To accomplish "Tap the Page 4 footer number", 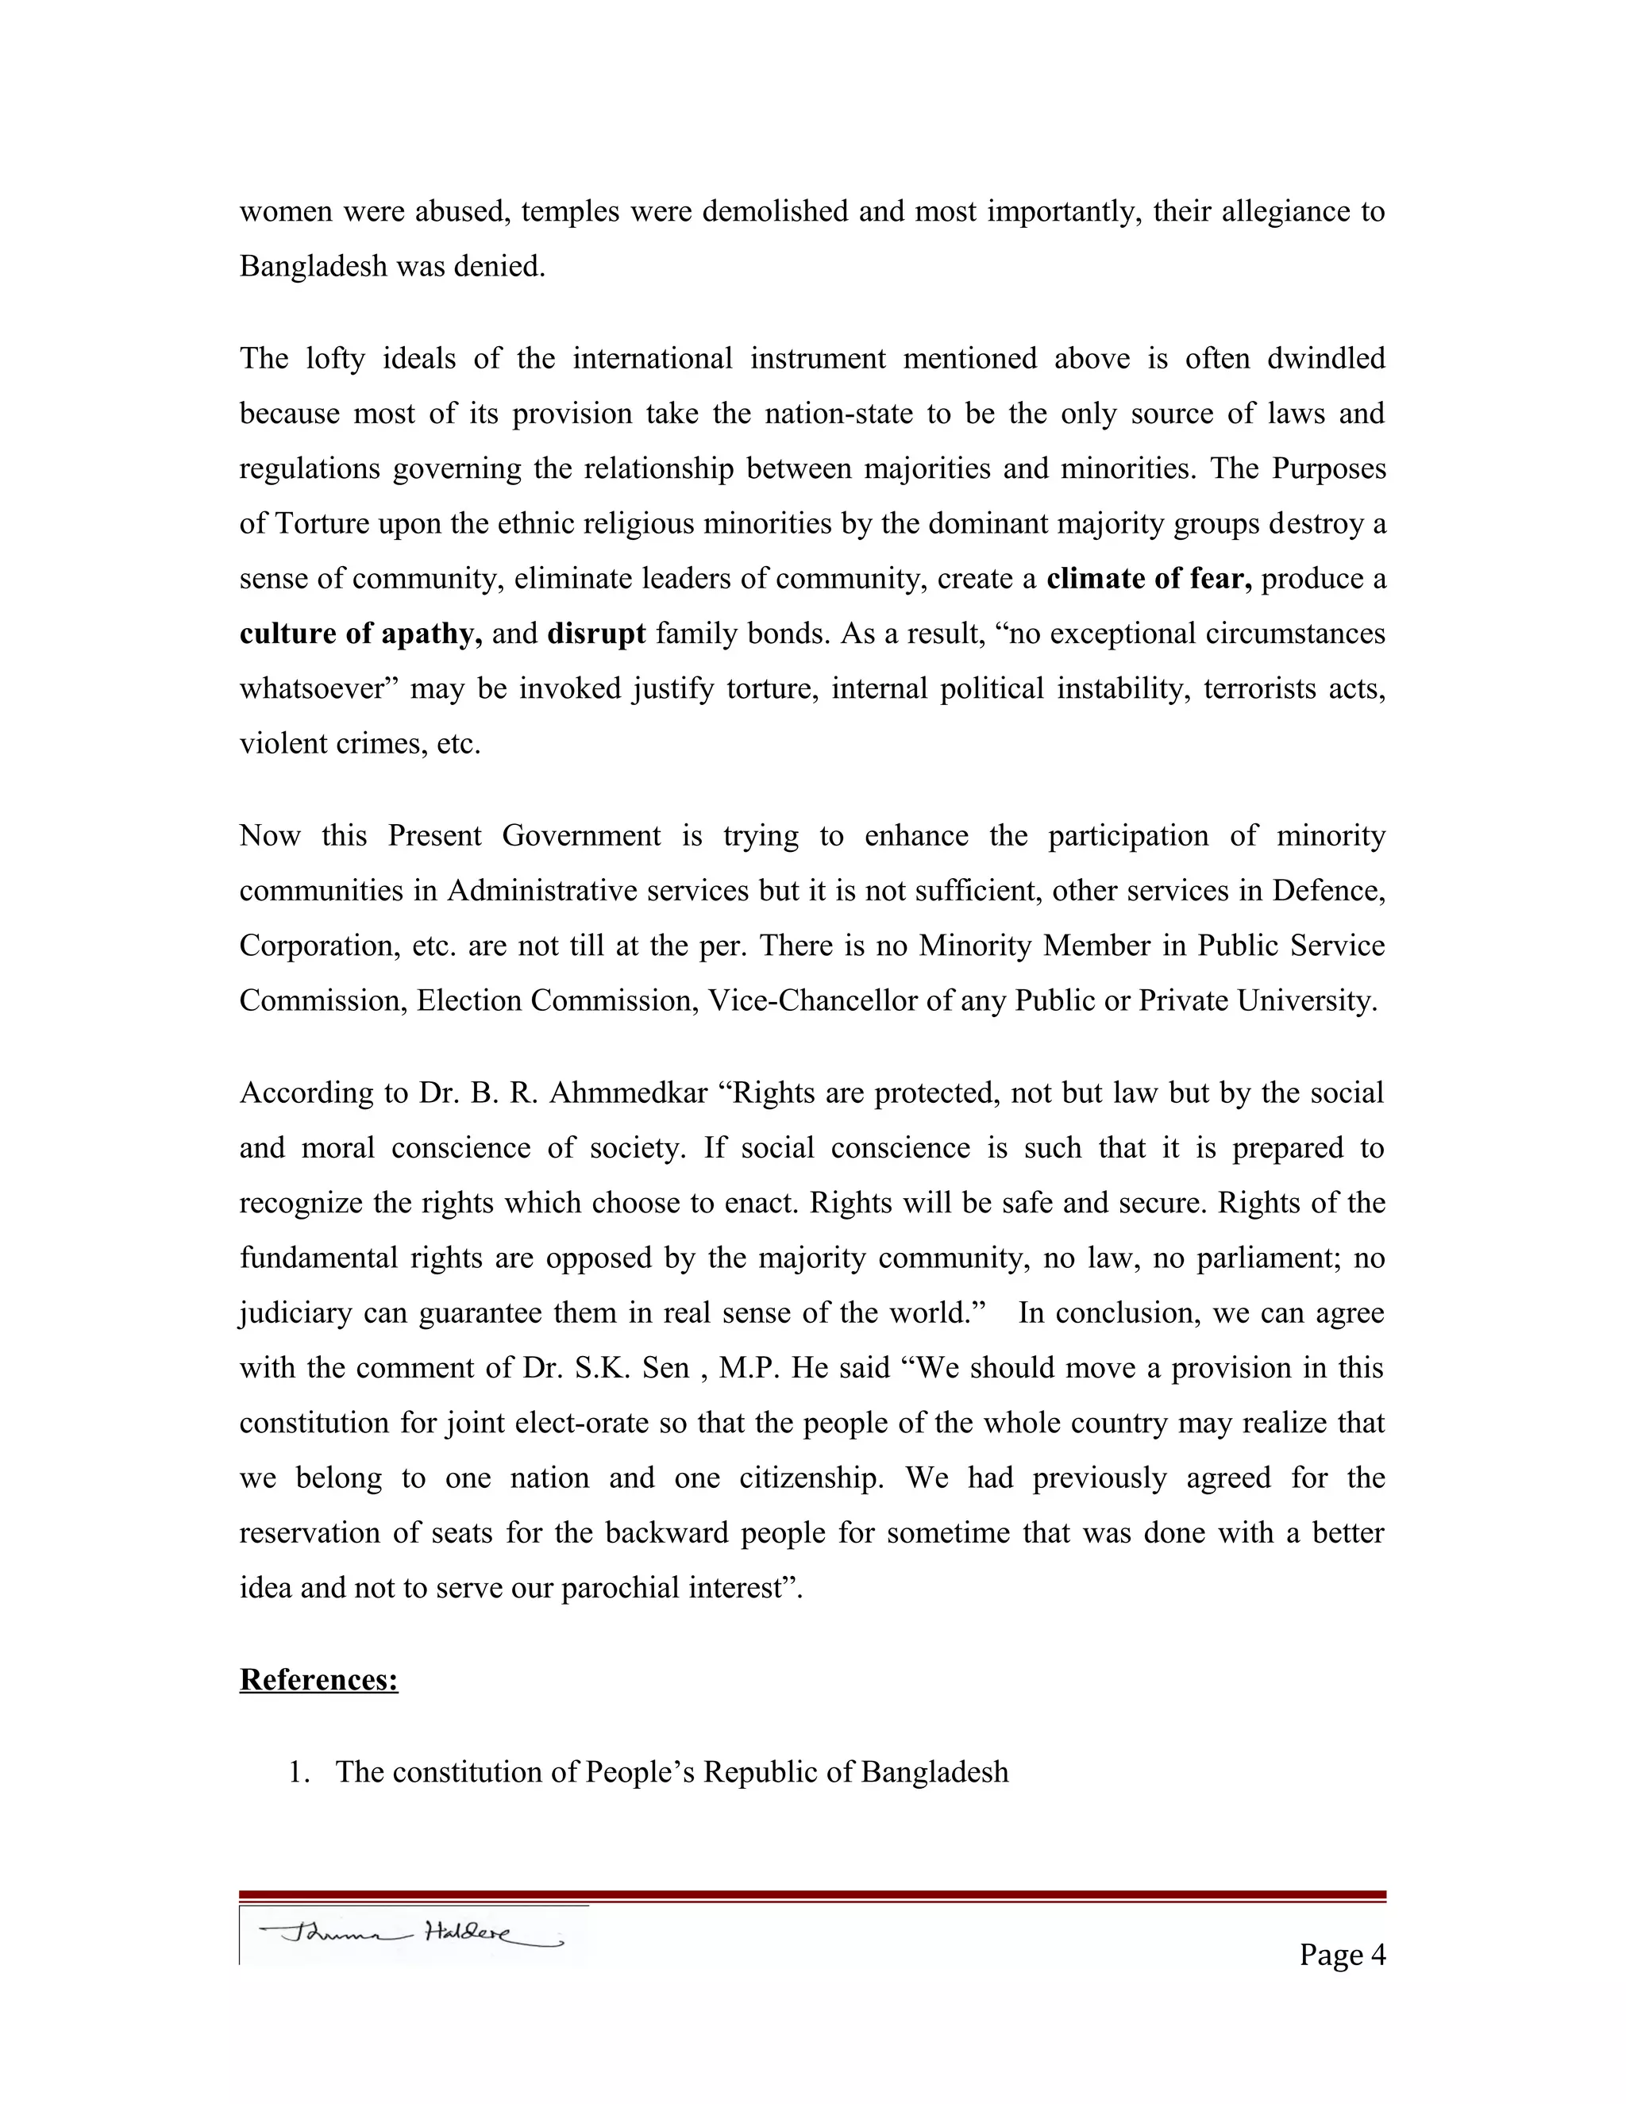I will click(x=1341, y=1954).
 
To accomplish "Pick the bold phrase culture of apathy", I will click(x=360, y=634).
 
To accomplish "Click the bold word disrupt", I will click(x=595, y=634).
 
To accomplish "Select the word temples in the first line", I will click(x=569, y=211).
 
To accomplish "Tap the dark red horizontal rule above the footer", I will click(x=812, y=1895).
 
